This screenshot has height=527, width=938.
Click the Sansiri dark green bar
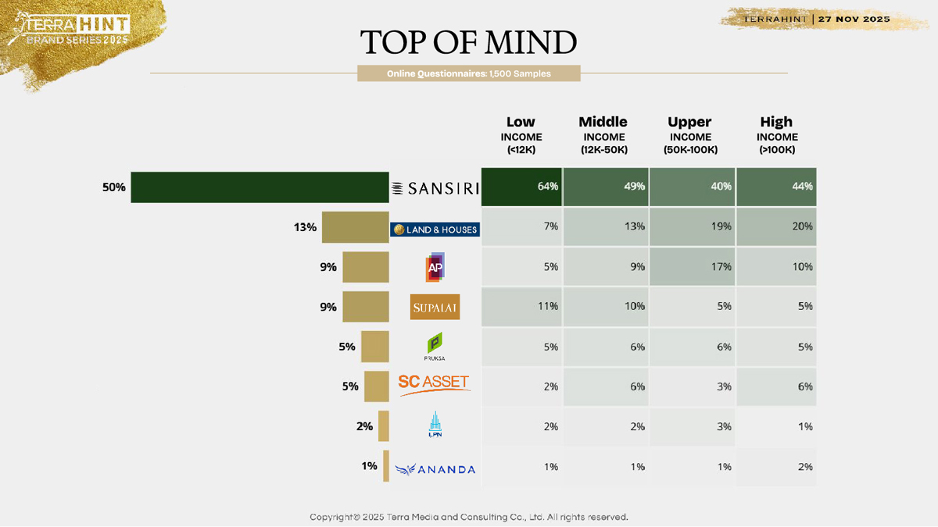[x=260, y=187]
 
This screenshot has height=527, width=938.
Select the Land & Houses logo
[x=435, y=229]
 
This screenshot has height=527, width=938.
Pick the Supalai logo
[x=435, y=307]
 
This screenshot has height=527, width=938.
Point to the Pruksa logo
[x=435, y=346]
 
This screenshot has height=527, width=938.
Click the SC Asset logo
[x=434, y=384]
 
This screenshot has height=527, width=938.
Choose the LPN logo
[x=435, y=425]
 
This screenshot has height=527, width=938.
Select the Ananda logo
[x=435, y=468]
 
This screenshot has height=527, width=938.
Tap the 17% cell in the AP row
[x=692, y=266]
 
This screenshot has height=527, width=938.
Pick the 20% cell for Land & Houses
[x=776, y=226]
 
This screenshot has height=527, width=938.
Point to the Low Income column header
[x=521, y=135]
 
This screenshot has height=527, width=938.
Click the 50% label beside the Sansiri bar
[x=113, y=187]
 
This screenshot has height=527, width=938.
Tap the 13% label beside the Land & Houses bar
[x=305, y=227]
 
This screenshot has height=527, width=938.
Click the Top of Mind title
[x=468, y=42]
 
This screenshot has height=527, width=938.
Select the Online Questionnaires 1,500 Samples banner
[x=468, y=73]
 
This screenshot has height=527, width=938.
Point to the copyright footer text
[x=468, y=517]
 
